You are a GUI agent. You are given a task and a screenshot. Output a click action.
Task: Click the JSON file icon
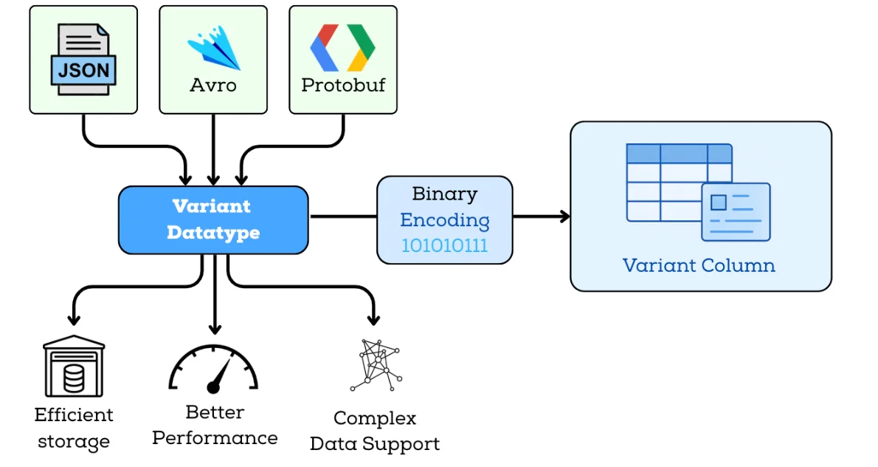pyautogui.click(x=83, y=59)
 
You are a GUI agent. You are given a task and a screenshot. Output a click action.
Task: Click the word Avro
pyautogui.click(x=213, y=85)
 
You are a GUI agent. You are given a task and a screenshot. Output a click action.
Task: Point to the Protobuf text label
pyautogui.click(x=343, y=85)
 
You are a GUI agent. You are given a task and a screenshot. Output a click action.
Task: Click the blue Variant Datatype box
pyautogui.click(x=213, y=219)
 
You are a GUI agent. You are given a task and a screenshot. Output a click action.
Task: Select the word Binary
pyautogui.click(x=444, y=194)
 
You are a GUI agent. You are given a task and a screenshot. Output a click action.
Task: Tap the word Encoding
pyautogui.click(x=444, y=220)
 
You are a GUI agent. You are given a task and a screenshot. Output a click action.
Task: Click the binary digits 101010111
pyautogui.click(x=444, y=246)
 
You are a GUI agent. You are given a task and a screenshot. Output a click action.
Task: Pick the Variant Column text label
pyautogui.click(x=699, y=265)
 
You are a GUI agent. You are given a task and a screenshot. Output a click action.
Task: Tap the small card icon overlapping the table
pyautogui.click(x=735, y=211)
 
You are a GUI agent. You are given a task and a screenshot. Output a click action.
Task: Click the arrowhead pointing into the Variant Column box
pyautogui.click(x=565, y=217)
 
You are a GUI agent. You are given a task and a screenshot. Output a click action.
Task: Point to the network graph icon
pyautogui.click(x=375, y=365)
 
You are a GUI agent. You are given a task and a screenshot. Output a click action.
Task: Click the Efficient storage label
pyautogui.click(x=74, y=429)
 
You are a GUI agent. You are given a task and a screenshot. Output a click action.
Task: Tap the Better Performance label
pyautogui.click(x=215, y=425)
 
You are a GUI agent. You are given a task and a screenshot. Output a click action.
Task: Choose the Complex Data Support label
pyautogui.click(x=375, y=431)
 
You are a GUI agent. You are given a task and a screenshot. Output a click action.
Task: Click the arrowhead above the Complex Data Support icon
pyautogui.click(x=374, y=319)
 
